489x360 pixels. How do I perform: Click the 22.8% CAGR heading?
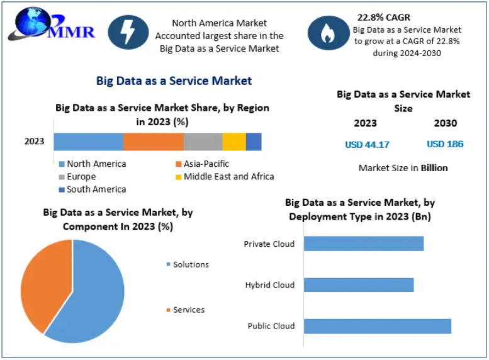[x=384, y=18]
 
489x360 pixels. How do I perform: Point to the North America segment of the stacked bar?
[x=88, y=142]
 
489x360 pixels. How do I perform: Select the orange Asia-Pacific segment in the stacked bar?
[x=153, y=142]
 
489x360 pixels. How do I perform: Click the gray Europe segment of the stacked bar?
[x=203, y=142]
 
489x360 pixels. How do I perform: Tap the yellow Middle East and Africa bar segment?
[x=234, y=142]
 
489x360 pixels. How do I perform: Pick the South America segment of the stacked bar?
[x=254, y=142]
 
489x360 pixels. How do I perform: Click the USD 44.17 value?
[x=367, y=145]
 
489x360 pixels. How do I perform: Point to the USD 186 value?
[x=445, y=144]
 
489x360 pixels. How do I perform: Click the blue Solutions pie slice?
[x=94, y=296]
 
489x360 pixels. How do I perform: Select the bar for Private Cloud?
[x=363, y=244]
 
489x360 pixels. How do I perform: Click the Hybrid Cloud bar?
[x=358, y=285]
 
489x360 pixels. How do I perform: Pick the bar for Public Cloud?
[x=377, y=326]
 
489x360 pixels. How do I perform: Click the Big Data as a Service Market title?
[x=174, y=81]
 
